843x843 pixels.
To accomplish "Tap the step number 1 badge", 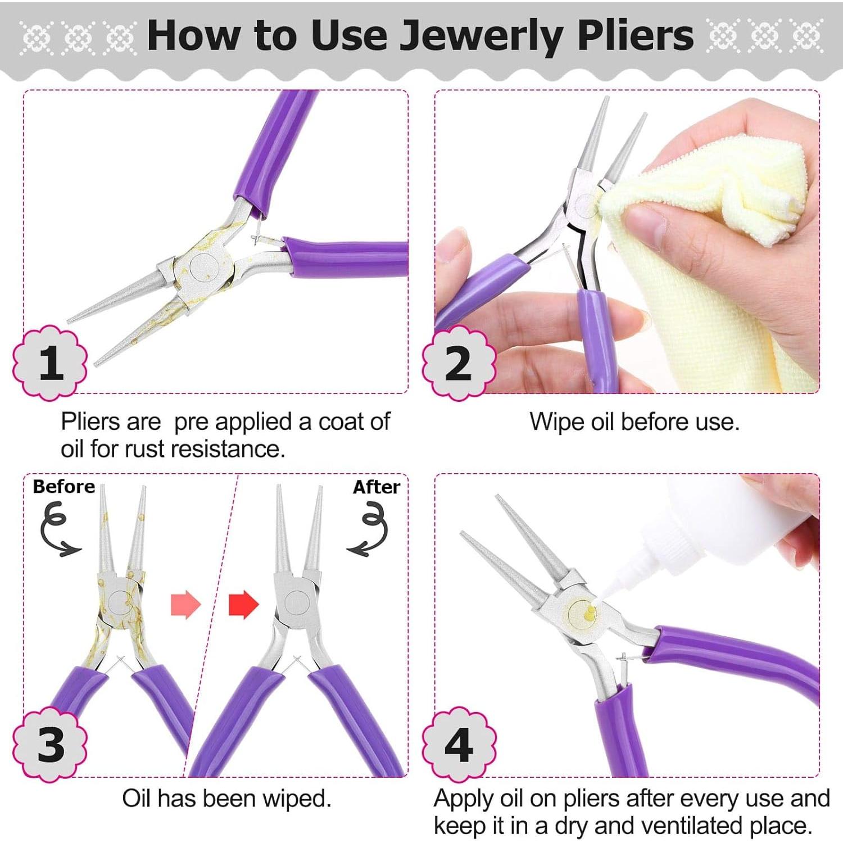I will point(51,362).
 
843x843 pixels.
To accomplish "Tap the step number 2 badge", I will point(459,362).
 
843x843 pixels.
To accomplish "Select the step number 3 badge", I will point(51,745).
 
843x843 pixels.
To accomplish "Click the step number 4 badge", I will point(459,745).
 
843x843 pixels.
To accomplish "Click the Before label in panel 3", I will point(64,487).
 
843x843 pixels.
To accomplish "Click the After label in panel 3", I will point(376,487).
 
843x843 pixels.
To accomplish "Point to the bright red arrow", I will point(243,605).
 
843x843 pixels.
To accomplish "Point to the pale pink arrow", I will point(185,605).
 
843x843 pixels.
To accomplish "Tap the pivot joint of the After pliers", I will point(297,602).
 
